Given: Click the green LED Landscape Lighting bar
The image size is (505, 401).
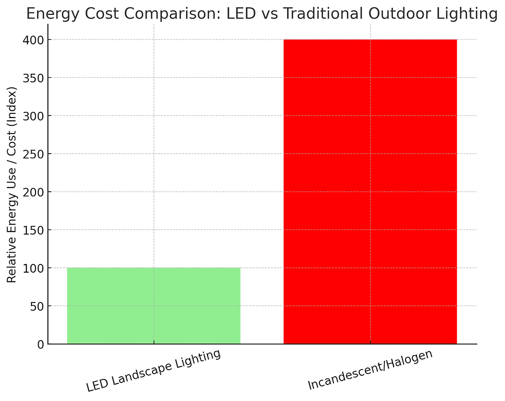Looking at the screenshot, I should coord(154,306).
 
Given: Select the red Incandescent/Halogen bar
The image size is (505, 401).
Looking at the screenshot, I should coord(370,192).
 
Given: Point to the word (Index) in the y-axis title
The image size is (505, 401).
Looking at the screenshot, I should coord(12,103).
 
